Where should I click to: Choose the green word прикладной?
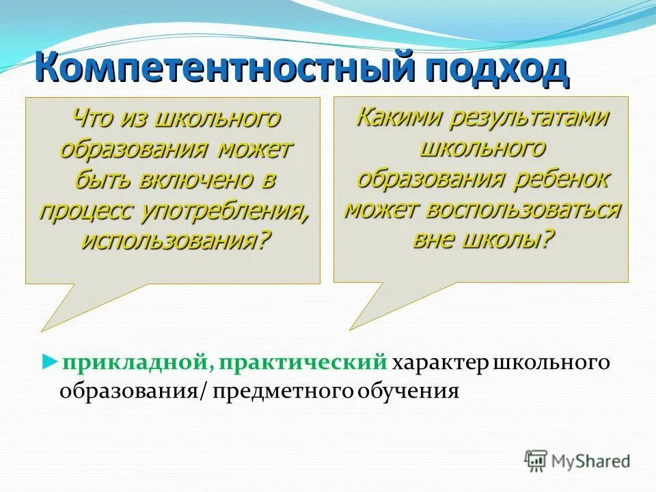click(x=134, y=361)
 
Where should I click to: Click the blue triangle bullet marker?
click(x=48, y=360)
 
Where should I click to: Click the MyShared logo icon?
click(x=536, y=461)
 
